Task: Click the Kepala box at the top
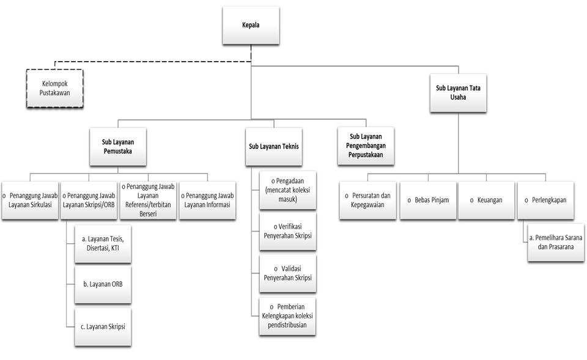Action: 251,25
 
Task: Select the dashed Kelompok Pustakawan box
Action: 54,88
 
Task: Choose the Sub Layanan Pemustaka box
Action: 119,146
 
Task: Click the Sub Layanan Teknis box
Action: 273,147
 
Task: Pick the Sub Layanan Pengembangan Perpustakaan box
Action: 366,145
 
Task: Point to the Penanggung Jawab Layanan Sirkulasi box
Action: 29,200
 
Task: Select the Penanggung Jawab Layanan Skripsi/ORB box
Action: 89,200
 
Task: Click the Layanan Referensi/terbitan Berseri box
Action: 148,200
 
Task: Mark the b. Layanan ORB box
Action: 103,284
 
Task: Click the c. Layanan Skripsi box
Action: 103,327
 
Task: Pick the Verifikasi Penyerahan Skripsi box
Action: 287,231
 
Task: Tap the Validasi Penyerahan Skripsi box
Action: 287,273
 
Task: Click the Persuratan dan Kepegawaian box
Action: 368,200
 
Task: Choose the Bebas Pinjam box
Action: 428,200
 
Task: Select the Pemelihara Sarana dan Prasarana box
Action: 552,243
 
